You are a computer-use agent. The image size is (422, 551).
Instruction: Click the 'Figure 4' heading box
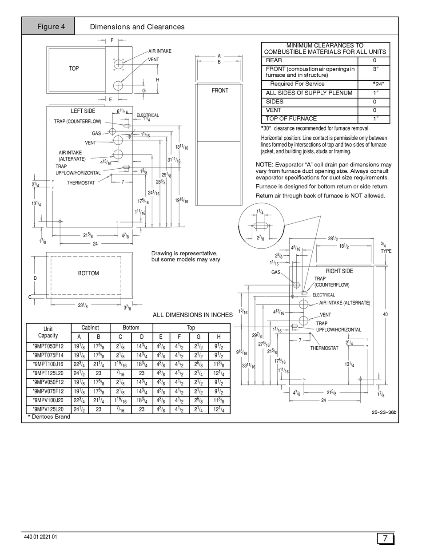48,26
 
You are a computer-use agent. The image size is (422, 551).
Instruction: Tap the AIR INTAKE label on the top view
160,51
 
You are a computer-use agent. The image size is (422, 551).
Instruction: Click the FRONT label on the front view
220,91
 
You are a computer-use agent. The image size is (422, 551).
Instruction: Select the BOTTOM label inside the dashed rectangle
88,273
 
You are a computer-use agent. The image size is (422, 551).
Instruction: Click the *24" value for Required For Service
378,84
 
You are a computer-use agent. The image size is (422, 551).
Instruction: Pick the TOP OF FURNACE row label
291,119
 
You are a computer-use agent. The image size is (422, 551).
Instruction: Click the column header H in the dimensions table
219,337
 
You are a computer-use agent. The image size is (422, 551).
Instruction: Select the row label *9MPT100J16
48,365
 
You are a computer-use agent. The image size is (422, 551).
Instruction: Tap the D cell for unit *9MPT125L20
142,373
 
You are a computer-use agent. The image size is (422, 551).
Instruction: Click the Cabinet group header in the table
90,328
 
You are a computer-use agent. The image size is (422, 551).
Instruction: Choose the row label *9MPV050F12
48,382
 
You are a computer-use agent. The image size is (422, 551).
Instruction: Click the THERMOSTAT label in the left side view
81,182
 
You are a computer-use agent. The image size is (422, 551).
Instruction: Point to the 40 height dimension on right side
385,314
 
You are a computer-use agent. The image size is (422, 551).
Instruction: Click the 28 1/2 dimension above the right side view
333,238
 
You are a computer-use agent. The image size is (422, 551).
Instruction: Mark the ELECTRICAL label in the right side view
323,295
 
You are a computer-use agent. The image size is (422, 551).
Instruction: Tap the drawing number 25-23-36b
384,412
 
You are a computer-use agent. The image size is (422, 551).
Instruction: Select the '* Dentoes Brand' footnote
49,416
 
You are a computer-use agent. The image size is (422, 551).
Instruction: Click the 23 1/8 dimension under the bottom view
83,305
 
